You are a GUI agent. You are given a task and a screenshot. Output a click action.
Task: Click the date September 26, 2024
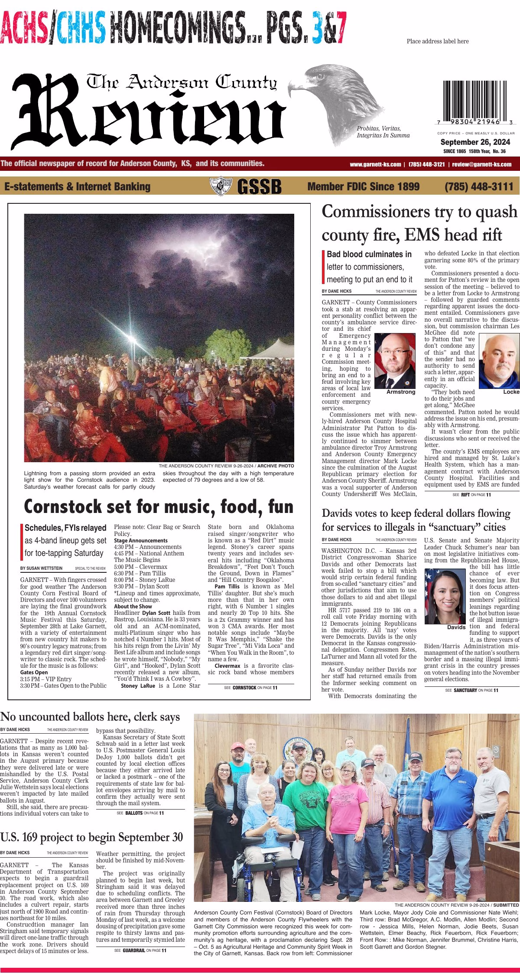point(475,142)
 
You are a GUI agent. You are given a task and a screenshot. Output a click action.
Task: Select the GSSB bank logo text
point(259,187)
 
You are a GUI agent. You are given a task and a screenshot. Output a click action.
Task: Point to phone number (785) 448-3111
point(479,187)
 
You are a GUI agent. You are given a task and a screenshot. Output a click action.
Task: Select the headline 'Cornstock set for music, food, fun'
point(159,506)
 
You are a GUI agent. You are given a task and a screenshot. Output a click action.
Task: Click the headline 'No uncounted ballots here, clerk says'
point(90,717)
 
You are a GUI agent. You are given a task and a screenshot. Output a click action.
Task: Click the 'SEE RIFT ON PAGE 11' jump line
point(471,495)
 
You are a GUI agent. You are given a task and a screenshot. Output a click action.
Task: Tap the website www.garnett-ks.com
point(375,165)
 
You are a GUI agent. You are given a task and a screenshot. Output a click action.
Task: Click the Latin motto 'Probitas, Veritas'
point(379,129)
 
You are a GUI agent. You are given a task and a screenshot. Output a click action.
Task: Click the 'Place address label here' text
point(437,41)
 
